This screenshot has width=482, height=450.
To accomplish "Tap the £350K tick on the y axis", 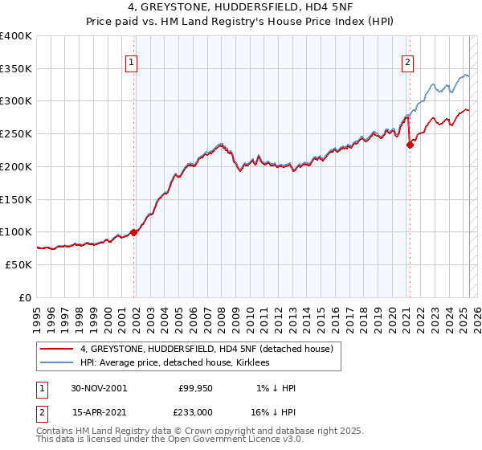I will [16, 69].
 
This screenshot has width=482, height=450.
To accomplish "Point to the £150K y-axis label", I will [16, 199].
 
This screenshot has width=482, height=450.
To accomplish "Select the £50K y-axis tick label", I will [19, 264].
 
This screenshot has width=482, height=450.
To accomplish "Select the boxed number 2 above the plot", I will [408, 63].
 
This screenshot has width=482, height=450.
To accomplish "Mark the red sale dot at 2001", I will [134, 232].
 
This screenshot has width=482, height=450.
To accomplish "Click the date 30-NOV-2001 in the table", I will [99, 388].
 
